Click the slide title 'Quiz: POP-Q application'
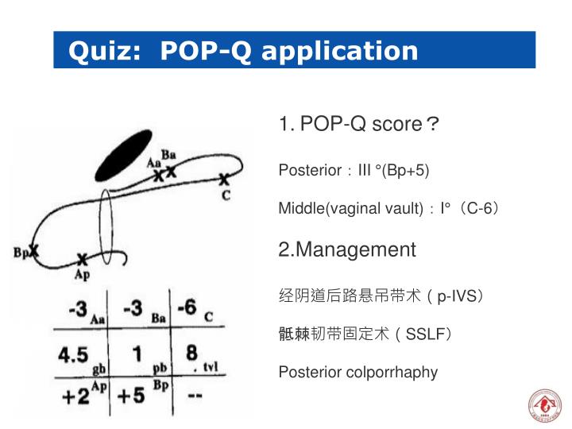point(243,52)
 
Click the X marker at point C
point(225,180)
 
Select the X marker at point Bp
point(34,251)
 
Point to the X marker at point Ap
point(82,259)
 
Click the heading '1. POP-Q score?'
point(359,125)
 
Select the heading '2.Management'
point(347,249)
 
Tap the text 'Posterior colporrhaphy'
point(357,372)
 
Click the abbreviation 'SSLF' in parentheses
point(428,334)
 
